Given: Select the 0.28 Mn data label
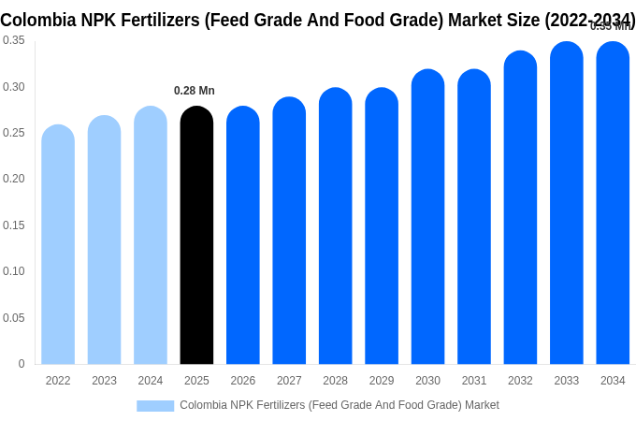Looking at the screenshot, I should [x=195, y=91].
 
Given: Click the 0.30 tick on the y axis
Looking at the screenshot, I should [x=14, y=87].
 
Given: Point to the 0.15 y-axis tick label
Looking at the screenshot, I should [x=14, y=225].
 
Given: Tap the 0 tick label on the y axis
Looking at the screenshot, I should [x=22, y=364].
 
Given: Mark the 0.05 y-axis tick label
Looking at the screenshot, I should [x=14, y=318].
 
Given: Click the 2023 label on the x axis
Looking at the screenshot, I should [x=104, y=381].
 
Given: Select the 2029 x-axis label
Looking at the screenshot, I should [x=382, y=381].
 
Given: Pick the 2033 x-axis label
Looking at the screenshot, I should [x=567, y=381].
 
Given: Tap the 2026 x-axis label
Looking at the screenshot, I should [x=243, y=381].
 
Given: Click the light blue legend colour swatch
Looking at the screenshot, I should [x=155, y=406].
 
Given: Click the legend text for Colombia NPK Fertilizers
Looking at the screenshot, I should [x=340, y=405].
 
